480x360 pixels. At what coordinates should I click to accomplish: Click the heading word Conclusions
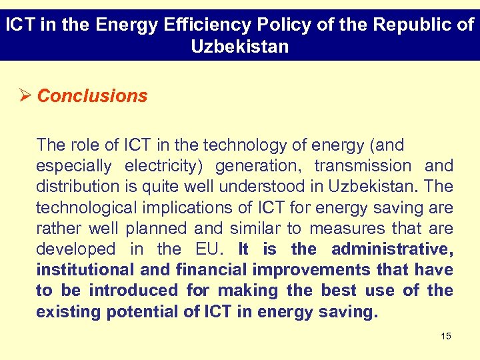pos(92,96)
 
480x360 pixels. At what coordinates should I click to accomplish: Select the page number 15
pos(446,336)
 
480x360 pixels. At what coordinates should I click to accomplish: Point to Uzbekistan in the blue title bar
pos(239,47)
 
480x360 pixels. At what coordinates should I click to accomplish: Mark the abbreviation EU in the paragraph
pos(213,249)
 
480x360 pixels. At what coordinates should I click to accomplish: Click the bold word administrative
pos(392,249)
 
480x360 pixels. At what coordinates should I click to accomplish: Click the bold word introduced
pos(133,291)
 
